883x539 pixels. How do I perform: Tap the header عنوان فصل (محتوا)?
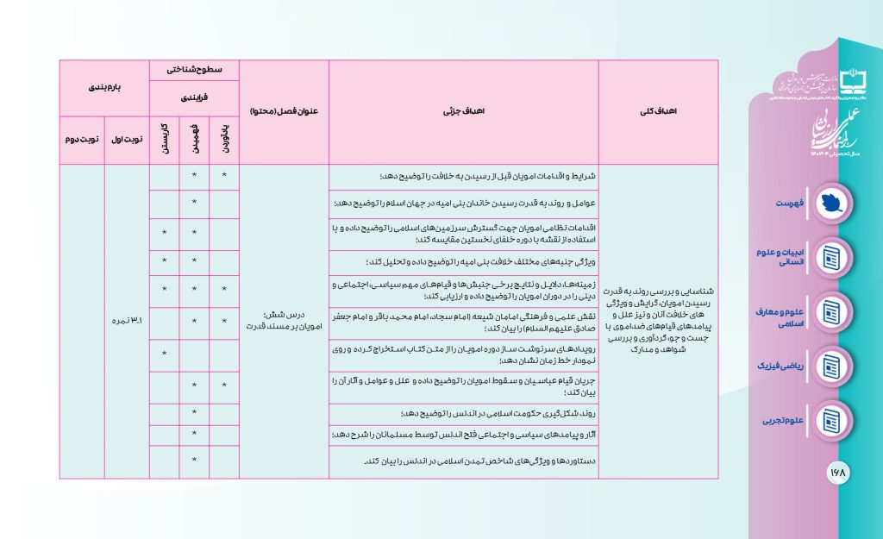coord(284,112)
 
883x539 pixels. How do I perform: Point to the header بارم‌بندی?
coord(104,87)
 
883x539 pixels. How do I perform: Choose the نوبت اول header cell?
coord(127,138)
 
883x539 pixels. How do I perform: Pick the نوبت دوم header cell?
coord(82,138)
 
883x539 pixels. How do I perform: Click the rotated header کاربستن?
coord(164,138)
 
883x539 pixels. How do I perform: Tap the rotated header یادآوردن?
coord(224,138)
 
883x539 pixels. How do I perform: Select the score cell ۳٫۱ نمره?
coord(127,321)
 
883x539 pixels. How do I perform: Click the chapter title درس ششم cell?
coord(284,321)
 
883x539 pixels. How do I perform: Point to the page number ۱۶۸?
coord(838,473)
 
